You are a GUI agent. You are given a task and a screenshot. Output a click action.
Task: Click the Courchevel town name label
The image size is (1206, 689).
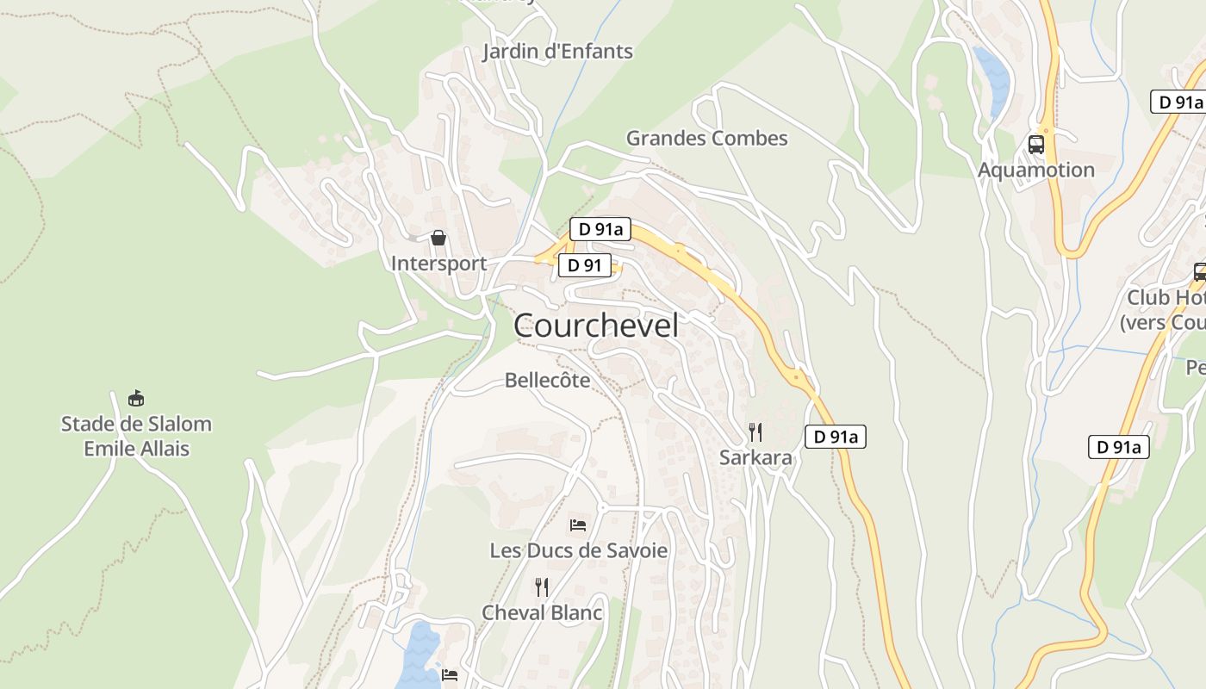(x=595, y=326)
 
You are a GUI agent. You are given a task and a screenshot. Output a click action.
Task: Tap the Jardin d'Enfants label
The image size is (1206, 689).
(x=557, y=52)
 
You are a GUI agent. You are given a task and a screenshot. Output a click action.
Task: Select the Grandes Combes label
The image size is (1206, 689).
(x=706, y=138)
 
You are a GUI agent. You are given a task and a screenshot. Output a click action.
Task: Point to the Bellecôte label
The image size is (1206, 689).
(x=548, y=380)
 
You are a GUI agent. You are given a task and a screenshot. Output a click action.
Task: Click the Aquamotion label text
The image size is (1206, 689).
(x=1035, y=170)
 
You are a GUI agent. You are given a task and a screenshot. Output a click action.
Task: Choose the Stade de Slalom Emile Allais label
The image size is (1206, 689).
(x=136, y=436)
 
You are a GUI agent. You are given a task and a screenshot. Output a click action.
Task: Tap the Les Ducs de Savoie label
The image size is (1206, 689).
(x=579, y=550)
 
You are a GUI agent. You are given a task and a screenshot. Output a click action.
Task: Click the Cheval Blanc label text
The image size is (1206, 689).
(x=542, y=612)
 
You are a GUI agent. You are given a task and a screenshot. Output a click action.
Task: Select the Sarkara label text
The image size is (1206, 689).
(x=755, y=457)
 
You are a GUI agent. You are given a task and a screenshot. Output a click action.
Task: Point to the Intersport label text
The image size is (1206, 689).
(x=438, y=263)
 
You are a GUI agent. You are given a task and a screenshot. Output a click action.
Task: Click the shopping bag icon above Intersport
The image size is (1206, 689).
(x=438, y=237)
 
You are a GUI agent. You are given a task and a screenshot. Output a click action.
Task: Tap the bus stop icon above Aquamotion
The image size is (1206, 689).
(x=1035, y=144)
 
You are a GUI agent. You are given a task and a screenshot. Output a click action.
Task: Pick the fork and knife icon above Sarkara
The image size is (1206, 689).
(x=755, y=431)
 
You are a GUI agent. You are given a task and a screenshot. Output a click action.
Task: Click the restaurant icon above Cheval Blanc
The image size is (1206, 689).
(x=542, y=587)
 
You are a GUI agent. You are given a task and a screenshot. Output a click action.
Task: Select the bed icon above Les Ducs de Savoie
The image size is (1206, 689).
(x=578, y=525)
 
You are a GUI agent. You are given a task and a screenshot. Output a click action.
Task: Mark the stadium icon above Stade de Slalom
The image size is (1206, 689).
(x=136, y=398)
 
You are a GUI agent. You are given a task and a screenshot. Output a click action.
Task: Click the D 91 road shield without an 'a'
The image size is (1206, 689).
(x=585, y=265)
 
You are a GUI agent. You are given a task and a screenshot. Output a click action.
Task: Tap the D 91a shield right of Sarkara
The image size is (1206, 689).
(x=835, y=437)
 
